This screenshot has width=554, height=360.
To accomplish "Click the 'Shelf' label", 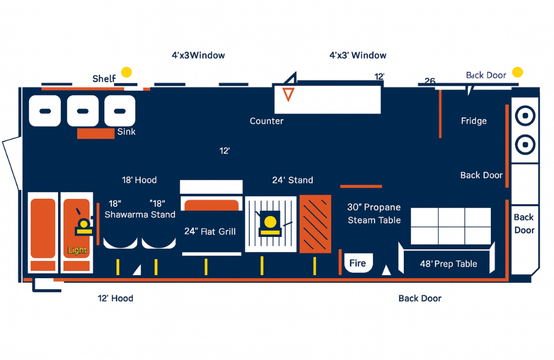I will [x=104, y=79].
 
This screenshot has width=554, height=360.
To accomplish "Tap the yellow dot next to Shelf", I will [x=127, y=72].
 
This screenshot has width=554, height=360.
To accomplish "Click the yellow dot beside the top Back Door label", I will [x=517, y=72].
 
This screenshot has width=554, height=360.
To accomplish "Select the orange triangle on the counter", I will [x=288, y=94].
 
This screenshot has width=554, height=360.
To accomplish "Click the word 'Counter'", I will [x=266, y=121].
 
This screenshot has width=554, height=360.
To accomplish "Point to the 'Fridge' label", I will [x=474, y=121].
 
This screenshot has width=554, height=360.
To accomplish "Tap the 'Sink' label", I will [x=126, y=132].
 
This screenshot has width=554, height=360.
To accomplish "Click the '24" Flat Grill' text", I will [x=210, y=232].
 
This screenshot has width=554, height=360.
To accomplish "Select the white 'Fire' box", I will [x=357, y=263].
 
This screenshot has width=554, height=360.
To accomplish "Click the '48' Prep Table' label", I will [x=448, y=264].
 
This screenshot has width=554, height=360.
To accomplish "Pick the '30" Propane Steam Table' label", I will [x=374, y=213].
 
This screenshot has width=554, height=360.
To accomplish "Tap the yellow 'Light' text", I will [x=77, y=250].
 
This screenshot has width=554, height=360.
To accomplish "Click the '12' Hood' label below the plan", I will [x=115, y=298].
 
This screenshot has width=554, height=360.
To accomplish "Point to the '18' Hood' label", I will [x=139, y=180].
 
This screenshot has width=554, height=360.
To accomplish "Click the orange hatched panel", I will [x=315, y=224].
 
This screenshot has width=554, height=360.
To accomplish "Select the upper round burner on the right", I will [x=524, y=116].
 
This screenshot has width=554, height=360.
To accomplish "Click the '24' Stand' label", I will [x=293, y=180].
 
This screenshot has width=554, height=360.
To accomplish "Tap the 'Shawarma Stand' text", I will [x=140, y=214].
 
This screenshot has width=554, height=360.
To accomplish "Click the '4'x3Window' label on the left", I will [x=198, y=55].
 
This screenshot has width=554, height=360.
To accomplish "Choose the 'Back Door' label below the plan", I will [x=420, y=298].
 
